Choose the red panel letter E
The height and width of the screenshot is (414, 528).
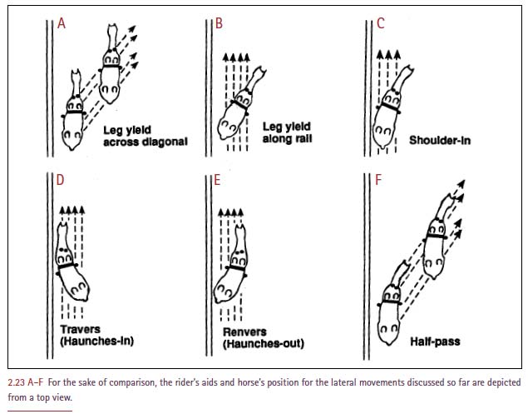pos(219,181)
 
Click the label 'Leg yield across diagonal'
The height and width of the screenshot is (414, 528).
pos(145,136)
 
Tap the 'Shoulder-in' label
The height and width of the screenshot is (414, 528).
pos(439,140)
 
